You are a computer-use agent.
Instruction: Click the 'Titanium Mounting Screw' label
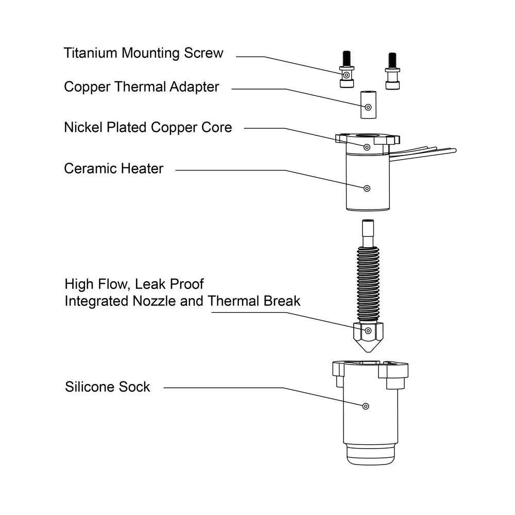144,53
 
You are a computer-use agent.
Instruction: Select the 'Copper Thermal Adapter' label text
142,87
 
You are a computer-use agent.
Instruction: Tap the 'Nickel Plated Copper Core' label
148,127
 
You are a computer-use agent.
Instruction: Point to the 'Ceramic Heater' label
113,168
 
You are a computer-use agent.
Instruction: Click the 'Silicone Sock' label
108,387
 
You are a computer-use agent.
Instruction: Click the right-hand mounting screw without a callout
392,70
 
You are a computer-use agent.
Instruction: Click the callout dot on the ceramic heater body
367,188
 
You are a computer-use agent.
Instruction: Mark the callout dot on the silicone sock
365,406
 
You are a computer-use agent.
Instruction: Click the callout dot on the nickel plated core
367,147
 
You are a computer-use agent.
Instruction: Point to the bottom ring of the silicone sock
370,455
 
